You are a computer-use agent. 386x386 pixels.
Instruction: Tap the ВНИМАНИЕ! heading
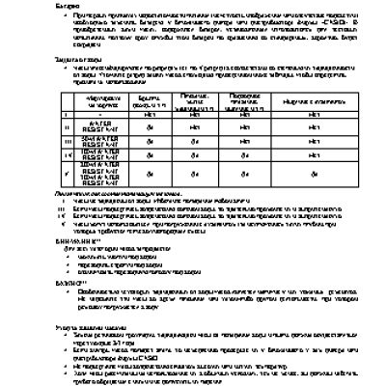coord(77,240)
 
